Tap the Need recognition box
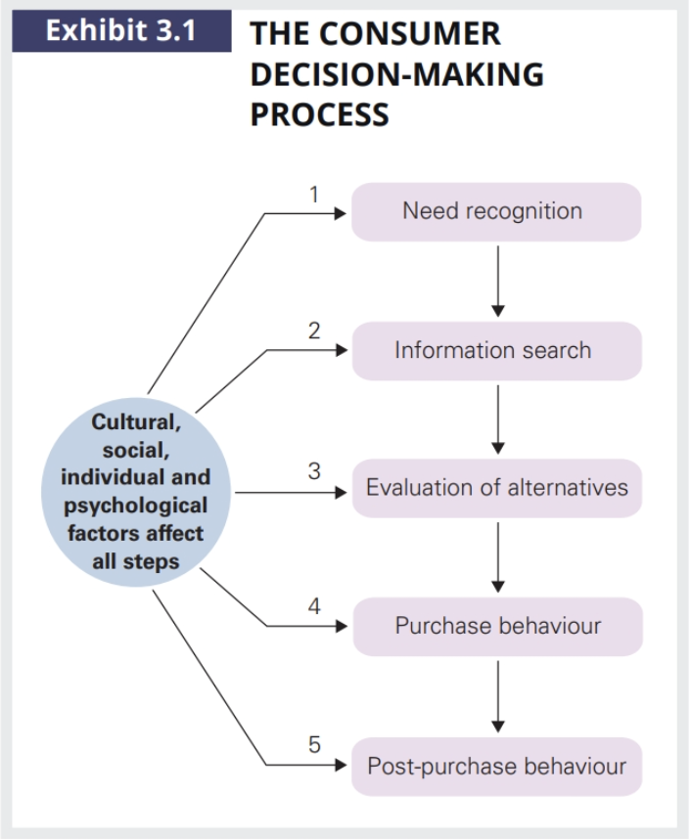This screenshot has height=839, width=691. click(496, 211)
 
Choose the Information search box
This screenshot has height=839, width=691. click(496, 350)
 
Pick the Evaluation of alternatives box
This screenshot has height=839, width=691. click(496, 488)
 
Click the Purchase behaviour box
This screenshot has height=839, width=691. click(496, 626)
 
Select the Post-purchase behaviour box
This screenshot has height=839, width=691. click(496, 766)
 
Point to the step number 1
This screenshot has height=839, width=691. click(314, 194)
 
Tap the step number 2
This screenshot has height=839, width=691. click(314, 331)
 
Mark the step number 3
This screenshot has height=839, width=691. click(314, 470)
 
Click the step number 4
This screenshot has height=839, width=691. click(314, 606)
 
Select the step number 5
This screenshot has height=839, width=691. click(314, 745)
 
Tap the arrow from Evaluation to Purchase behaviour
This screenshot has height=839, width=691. click(498, 556)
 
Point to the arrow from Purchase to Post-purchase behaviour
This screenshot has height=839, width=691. click(498, 695)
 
